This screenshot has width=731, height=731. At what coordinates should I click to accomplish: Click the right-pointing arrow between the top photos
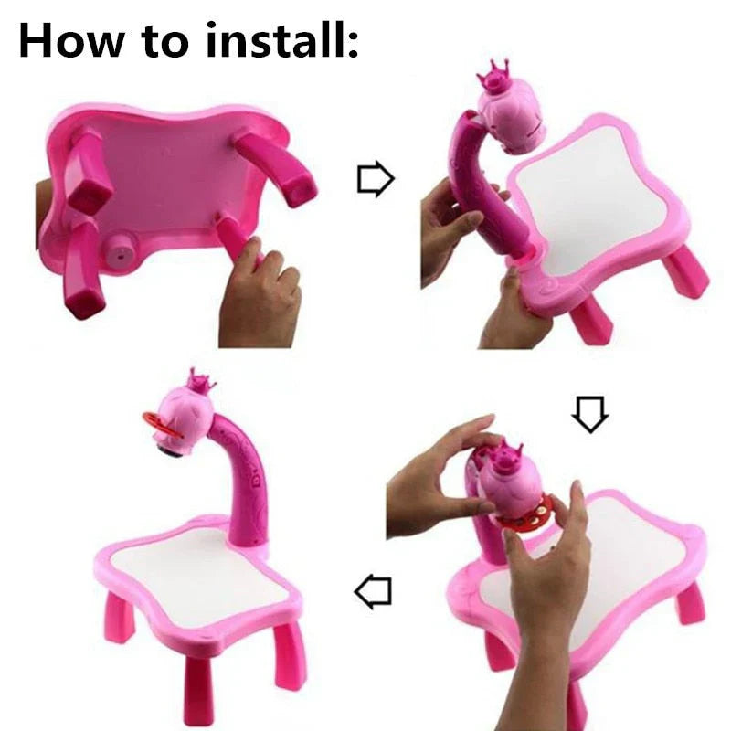point(375,180)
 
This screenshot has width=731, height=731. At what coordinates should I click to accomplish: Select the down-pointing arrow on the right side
point(589,417)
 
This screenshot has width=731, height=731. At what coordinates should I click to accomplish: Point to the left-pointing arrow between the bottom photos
point(373,593)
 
